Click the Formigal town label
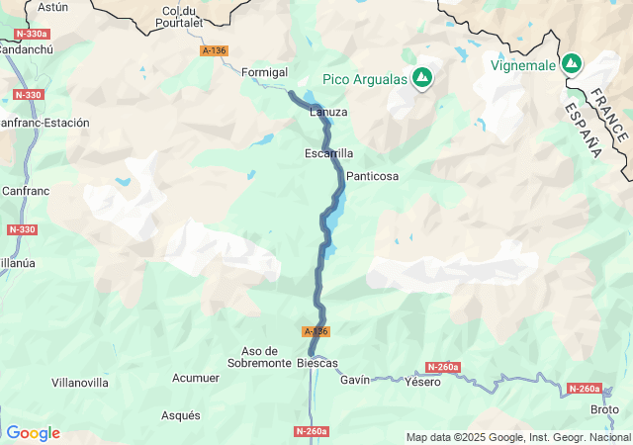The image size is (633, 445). pos(265,71)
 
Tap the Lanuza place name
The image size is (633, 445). pos(328,112)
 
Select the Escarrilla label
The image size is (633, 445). pos(328,153)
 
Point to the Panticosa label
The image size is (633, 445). pos(372,176)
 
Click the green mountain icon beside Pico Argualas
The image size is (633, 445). pos(423,77)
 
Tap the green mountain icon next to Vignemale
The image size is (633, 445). pos(572,65)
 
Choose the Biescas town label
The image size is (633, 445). pos(317,363)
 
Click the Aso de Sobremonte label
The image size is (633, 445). pos(266,357)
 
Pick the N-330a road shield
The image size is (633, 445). pos(32,34)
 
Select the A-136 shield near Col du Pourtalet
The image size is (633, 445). pos(214,50)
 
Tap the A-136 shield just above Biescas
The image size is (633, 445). pos(316,331)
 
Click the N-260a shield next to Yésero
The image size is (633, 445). pos(443,367)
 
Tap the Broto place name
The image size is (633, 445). pos(604,409)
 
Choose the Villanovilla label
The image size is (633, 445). pos(80,382)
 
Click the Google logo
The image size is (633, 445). pos(33,433)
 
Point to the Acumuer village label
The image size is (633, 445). pos(196,378)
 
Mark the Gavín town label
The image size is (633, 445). pos(354,380)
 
